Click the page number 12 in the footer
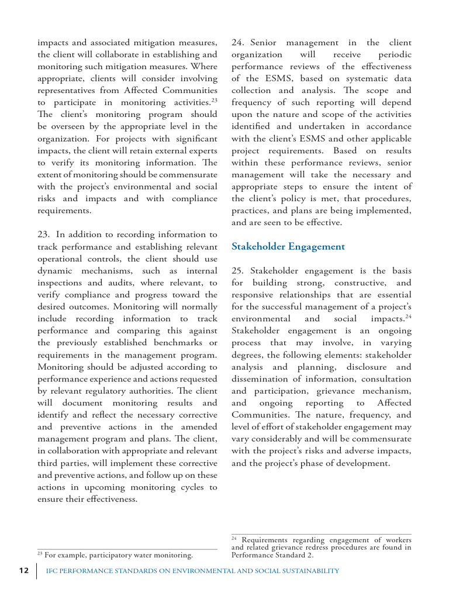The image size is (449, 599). pyautogui.click(x=23, y=571)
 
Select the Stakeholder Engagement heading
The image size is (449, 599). pyautogui.click(x=288, y=246)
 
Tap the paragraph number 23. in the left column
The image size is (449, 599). pyautogui.click(x=44, y=235)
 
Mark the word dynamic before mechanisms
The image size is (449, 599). pyautogui.click(x=56, y=271)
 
